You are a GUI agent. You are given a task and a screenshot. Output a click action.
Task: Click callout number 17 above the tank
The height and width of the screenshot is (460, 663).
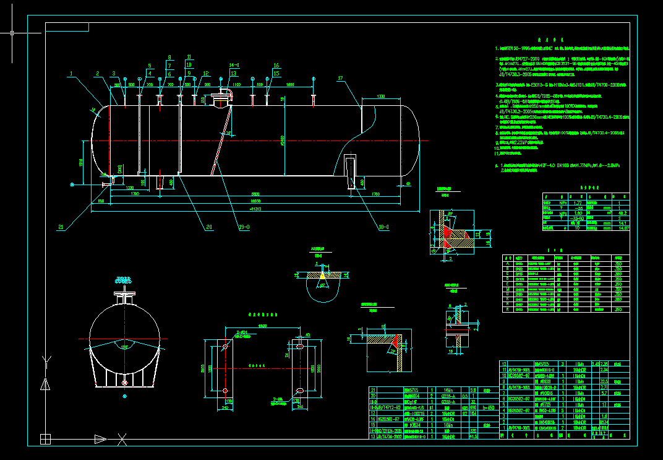[340, 79]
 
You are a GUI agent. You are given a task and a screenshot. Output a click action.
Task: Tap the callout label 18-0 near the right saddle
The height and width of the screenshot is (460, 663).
[384, 227]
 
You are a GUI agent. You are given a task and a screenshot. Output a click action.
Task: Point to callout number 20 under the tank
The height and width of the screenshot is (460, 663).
[209, 227]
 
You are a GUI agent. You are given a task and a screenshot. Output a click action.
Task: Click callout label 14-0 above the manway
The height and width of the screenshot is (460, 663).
[234, 65]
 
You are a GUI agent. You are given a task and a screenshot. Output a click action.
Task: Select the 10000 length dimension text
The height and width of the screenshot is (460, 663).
[254, 202]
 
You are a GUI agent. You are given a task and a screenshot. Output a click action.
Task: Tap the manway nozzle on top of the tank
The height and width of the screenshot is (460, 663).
[220, 98]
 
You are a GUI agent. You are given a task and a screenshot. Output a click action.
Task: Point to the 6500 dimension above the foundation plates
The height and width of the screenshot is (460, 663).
[263, 326]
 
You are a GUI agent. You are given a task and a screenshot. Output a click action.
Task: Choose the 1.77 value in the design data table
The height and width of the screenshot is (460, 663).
[578, 202]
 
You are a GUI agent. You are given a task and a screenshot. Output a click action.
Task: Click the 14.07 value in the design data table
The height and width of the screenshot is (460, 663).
[623, 228]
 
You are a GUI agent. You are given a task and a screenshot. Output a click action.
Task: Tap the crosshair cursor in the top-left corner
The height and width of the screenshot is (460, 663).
[13, 33]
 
